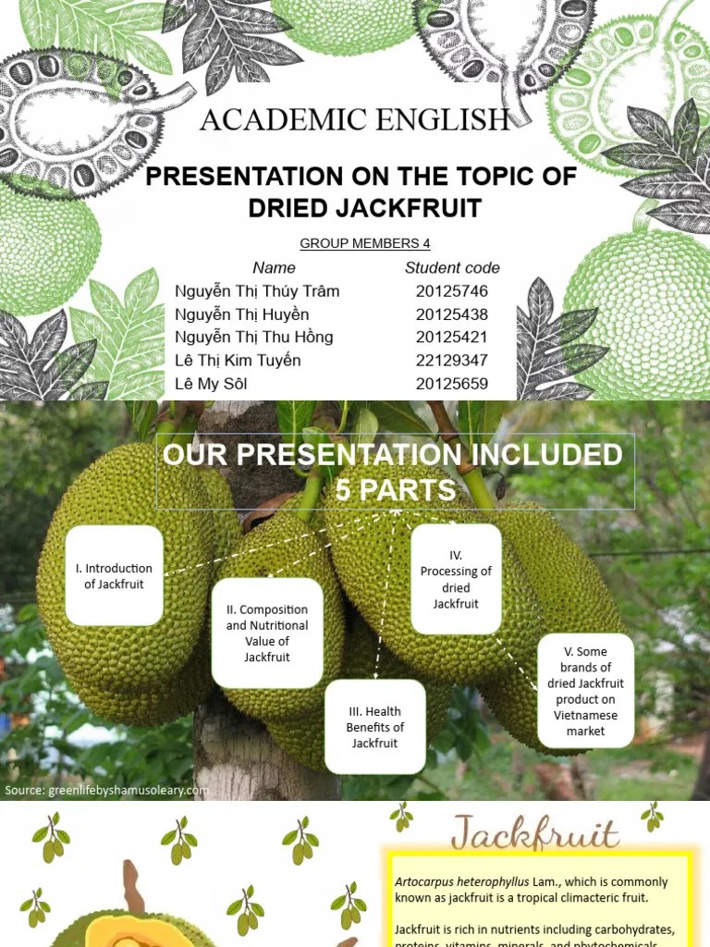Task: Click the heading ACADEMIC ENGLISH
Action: tap(355, 120)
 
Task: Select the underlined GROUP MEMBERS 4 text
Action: tap(365, 244)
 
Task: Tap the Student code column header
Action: tap(452, 268)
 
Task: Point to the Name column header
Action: tap(274, 268)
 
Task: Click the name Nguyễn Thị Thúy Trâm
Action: tap(257, 291)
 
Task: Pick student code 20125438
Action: tap(452, 314)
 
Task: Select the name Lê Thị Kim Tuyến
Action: tap(238, 361)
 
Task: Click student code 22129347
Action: tap(452, 361)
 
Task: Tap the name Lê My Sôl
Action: tap(212, 384)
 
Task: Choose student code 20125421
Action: tap(452, 338)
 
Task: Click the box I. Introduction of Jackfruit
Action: tap(114, 576)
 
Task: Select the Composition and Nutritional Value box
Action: tap(267, 633)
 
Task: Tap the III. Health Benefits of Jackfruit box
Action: tap(375, 727)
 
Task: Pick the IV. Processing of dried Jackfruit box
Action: tap(456, 580)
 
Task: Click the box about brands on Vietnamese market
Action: tap(585, 691)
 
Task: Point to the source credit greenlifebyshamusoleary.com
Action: tap(106, 791)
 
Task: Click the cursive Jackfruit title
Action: tap(534, 834)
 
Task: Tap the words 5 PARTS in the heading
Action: tap(396, 490)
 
